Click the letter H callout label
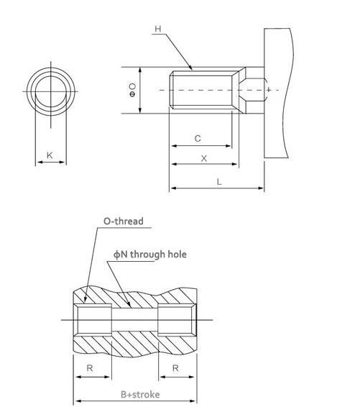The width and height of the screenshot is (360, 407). pos(158,29)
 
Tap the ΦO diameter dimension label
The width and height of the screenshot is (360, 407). pos(132,90)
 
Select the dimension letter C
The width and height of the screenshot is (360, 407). pos(198,138)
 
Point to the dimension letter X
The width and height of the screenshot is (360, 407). pos(204,158)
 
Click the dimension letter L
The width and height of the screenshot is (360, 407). pos(219,182)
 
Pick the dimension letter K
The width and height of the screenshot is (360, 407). pos(50,155)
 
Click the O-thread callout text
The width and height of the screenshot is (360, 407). pos(124,221)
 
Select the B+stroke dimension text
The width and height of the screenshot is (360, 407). pos(140,395)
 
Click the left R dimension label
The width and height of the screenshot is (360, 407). pos(90,367)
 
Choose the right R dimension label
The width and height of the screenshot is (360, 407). pos(175,367)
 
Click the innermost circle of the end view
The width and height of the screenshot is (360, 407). pos(51,76)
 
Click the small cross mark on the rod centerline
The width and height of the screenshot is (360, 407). pos(269,90)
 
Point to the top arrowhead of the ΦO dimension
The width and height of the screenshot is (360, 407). pos(140,70)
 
